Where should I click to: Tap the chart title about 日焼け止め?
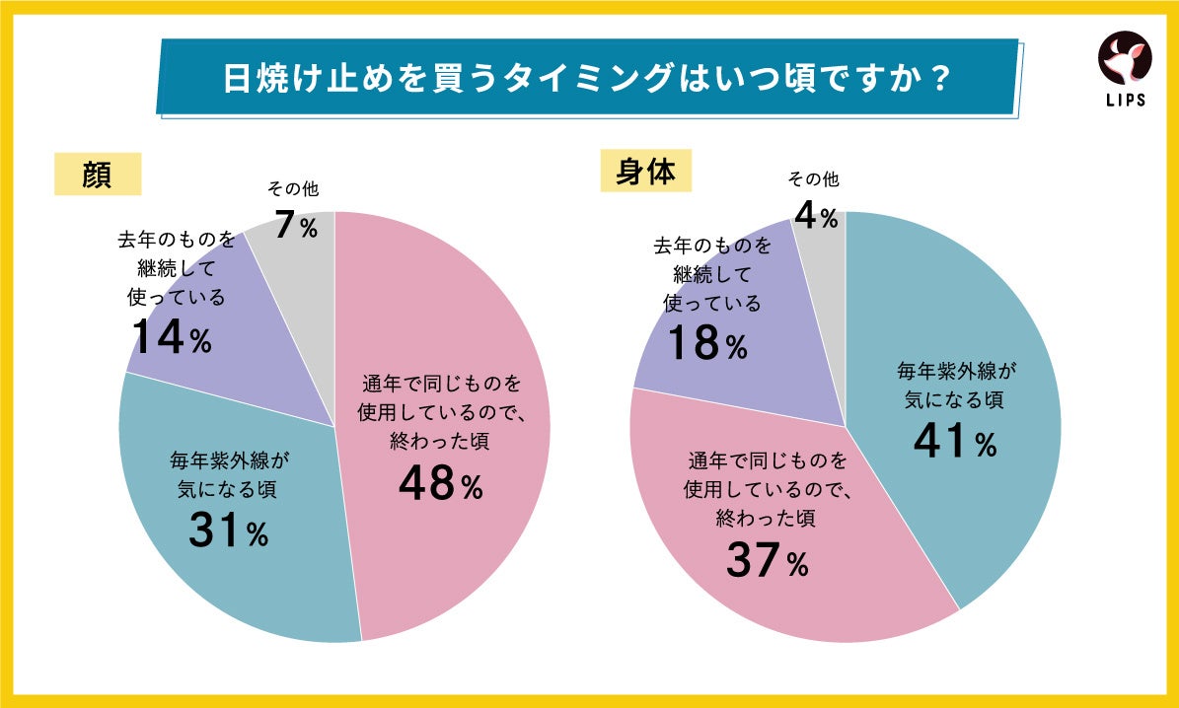pos(586,78)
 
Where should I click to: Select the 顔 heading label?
pos(98,176)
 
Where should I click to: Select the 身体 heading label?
pos(645,172)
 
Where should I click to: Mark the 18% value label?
pos(707,344)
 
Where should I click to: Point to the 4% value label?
pos(816,215)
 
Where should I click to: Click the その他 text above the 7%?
pos(293,188)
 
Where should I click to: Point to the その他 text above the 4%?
pos(813,179)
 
